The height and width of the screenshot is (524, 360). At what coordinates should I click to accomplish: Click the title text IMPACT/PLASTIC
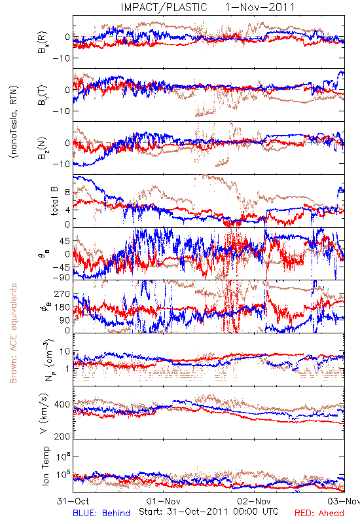[164, 7]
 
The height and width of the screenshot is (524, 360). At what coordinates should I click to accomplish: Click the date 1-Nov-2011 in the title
[260, 7]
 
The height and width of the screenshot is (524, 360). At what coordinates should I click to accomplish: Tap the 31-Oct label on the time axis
[73, 501]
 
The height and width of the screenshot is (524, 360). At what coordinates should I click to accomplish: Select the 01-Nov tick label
[164, 501]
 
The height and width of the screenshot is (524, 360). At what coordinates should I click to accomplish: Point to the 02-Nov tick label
[254, 501]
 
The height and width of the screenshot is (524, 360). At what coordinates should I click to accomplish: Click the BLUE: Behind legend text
[101, 513]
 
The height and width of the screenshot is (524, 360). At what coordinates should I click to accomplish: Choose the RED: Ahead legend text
[319, 513]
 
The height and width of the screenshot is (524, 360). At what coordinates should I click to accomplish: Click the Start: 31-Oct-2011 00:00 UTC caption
[208, 512]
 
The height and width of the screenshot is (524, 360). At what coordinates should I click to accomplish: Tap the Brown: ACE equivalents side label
[13, 333]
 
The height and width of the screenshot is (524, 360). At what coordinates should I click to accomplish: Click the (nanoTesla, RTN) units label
[14, 122]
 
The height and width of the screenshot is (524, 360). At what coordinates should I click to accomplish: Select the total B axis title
[54, 201]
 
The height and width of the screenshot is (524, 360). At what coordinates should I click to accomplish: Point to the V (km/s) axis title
[44, 414]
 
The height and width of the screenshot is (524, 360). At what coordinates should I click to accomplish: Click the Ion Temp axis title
[45, 465]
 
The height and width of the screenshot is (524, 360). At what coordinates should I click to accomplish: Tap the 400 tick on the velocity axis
[62, 405]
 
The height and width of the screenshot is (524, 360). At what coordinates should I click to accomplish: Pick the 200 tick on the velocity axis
[62, 436]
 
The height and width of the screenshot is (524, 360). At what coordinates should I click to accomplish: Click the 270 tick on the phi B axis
[62, 293]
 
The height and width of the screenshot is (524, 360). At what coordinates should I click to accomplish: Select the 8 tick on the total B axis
[67, 193]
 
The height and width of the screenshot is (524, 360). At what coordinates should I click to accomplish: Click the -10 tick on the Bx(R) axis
[62, 58]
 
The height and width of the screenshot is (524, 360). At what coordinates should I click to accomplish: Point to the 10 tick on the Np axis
[65, 352]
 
